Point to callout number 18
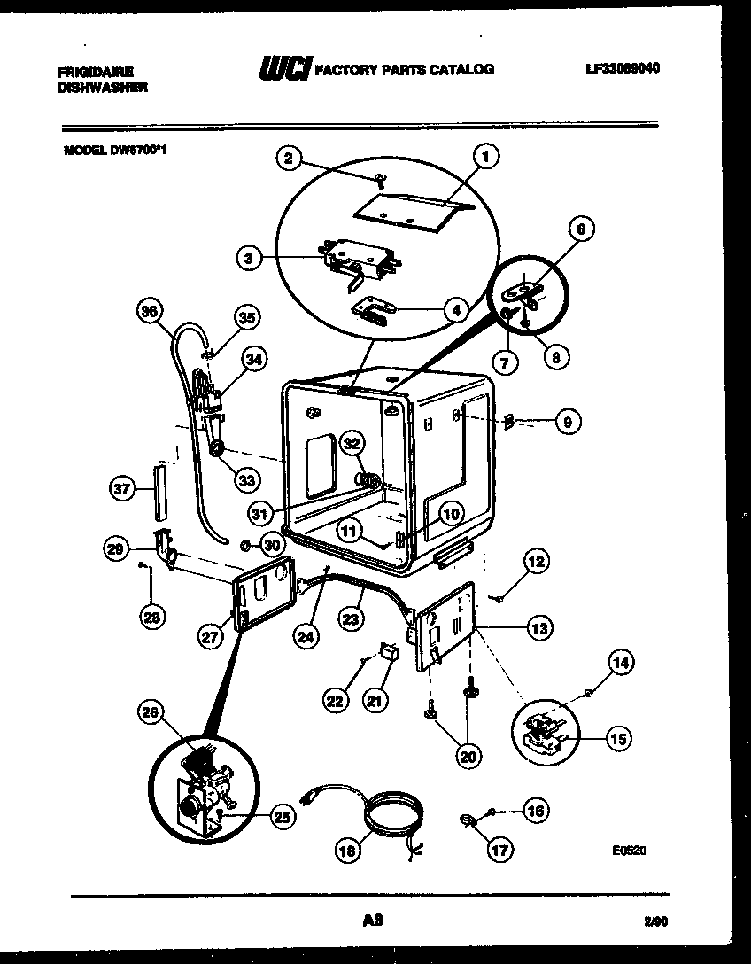(x=348, y=850)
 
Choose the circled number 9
(x=569, y=422)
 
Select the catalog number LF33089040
(x=623, y=67)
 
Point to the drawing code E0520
(x=629, y=851)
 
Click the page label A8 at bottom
(x=372, y=921)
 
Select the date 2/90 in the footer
(x=656, y=922)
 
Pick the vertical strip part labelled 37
(x=159, y=492)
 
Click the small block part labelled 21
(x=386, y=653)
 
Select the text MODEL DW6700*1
(x=115, y=150)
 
